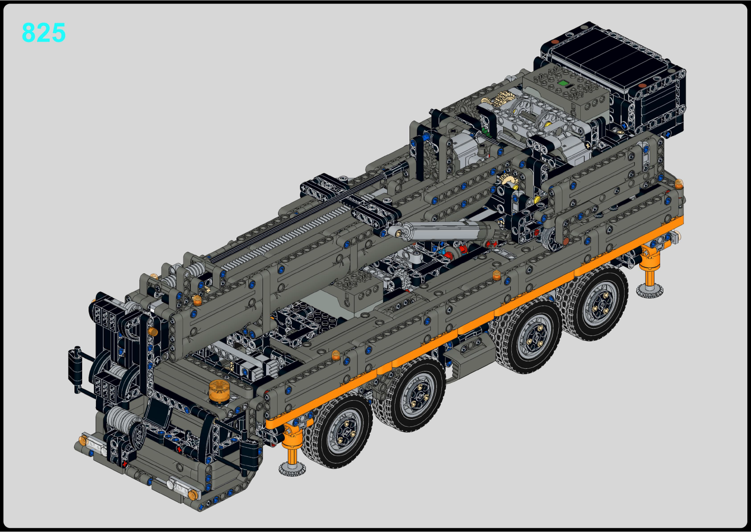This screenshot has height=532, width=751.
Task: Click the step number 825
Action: click(x=44, y=32)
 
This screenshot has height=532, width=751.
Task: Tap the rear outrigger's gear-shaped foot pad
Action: click(x=650, y=291)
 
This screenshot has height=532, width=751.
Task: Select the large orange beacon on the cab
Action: click(x=219, y=391)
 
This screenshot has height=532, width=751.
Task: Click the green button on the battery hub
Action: click(x=563, y=83)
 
